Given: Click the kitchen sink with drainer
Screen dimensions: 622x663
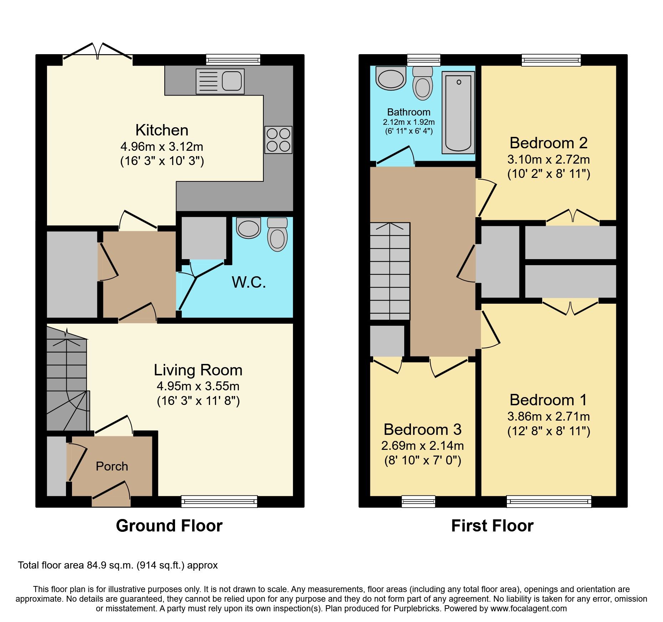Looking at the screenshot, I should [x=220, y=81].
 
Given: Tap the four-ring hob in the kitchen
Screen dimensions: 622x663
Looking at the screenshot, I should [x=278, y=140].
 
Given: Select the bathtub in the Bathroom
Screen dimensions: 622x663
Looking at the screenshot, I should [x=458, y=113].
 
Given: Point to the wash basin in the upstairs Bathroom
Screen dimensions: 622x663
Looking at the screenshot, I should [x=391, y=78].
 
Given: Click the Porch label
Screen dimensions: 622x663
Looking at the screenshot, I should [x=112, y=466].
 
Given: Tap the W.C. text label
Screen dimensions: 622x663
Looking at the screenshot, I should [x=249, y=282].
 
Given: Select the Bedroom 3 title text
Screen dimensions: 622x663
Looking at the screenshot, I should [x=422, y=430].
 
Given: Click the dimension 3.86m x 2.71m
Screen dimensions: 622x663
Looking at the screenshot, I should [x=548, y=416].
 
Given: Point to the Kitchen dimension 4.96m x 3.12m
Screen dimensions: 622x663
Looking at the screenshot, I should [x=162, y=146].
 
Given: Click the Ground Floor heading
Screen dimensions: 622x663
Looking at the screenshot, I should [x=169, y=526].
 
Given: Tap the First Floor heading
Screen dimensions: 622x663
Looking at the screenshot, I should [x=492, y=526].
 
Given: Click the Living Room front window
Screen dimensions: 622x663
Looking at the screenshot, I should [x=219, y=501].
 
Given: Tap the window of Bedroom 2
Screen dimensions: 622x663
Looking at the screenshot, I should [x=551, y=60].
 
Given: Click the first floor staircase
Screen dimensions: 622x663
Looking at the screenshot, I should [x=390, y=271].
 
